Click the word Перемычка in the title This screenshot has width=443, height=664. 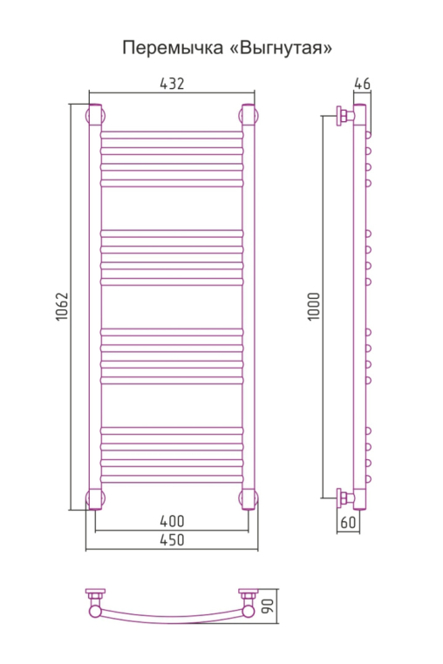(x=173, y=48)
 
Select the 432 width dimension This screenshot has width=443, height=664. (x=172, y=84)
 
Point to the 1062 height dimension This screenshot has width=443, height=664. (x=62, y=307)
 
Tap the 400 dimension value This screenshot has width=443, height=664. (x=172, y=521)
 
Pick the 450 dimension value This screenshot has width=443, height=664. (x=172, y=540)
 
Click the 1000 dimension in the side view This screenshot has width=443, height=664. (x=314, y=307)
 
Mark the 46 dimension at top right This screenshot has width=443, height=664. (x=362, y=84)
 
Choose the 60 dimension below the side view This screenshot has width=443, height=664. (x=348, y=522)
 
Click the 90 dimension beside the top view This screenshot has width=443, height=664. (x=269, y=606)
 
